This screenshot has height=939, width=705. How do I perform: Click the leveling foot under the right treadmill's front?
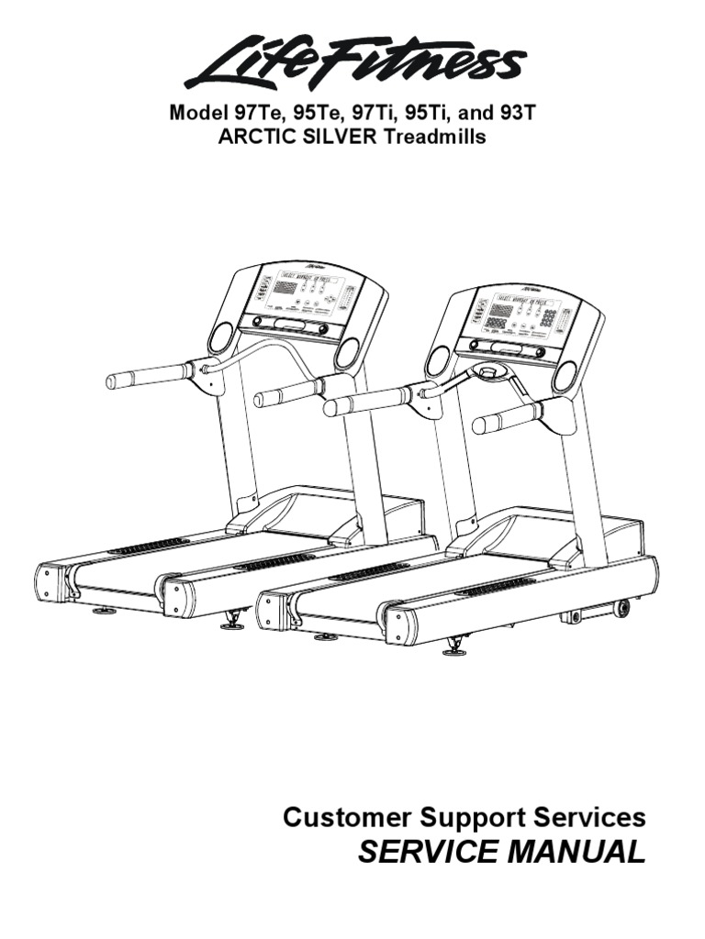pos(453,650)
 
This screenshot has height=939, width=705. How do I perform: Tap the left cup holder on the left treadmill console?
pos(221,337)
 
